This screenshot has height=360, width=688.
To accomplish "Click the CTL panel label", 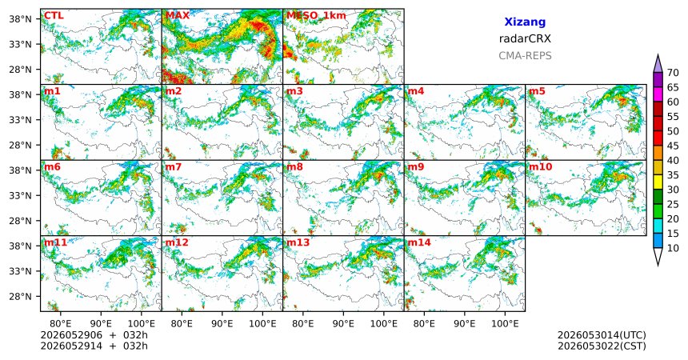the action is (x=54, y=16).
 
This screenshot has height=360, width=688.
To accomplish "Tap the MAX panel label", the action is (x=178, y=16).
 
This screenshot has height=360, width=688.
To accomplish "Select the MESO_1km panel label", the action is (x=316, y=16).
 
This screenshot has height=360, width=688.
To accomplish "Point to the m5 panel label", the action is (x=537, y=91).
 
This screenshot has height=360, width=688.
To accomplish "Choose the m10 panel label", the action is (x=540, y=167).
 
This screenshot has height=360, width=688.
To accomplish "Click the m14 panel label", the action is (x=419, y=242).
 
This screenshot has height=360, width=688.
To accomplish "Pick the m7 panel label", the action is (x=174, y=167).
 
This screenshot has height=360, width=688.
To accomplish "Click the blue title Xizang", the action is (x=525, y=22).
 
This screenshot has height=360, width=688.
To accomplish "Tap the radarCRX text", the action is (x=525, y=38).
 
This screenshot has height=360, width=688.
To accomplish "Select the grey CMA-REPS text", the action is (x=525, y=56).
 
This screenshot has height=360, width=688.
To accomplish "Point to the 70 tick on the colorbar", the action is (x=673, y=73).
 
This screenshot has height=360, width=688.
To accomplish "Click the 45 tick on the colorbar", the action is (x=673, y=146).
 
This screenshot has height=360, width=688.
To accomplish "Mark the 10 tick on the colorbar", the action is (x=673, y=248).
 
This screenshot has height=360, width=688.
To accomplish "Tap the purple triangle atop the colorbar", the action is (x=658, y=65).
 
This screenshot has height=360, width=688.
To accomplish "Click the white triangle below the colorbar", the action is (x=658, y=255).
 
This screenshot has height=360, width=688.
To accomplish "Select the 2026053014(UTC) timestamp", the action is (x=602, y=335).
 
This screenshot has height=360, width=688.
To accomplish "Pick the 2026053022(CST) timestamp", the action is (x=602, y=346).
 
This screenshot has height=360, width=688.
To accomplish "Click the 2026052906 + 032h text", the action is (x=94, y=335).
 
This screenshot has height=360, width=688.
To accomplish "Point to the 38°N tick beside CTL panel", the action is (x=20, y=19).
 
